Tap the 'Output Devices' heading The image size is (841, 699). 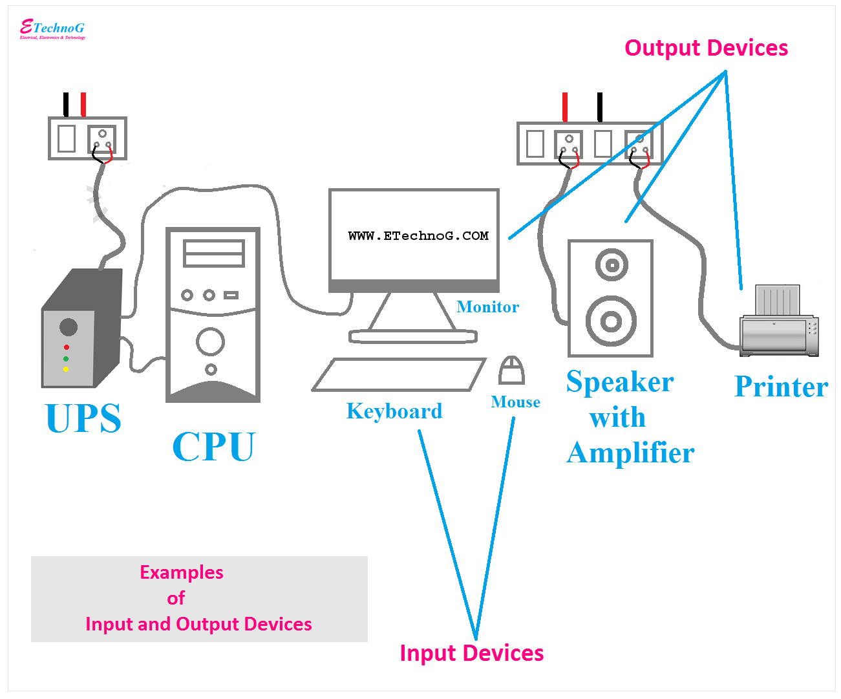coord(706,48)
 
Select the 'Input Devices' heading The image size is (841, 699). coord(471,653)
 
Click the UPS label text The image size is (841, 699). coord(83,418)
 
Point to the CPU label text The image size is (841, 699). coord(213,447)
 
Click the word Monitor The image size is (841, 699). coord(487,307)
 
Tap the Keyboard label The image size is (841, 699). coord(394,411)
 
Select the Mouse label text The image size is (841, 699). coord(515,402)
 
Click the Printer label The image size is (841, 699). coord(781,387)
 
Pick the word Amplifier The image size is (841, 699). coord(630,453)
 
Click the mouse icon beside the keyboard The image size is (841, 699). coord(511,371)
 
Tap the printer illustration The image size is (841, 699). coord(779,323)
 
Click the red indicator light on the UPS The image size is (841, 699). coord(66,348)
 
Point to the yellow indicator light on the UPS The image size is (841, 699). coord(66,369)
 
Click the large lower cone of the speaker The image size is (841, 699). coord(611,321)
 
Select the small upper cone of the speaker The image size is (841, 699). coord(612,264)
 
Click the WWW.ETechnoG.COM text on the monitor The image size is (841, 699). coord(418,236)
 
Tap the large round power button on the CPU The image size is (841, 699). coord(210,341)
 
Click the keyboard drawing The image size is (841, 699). coord(398,375)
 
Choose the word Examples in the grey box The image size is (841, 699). coord(182,573)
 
